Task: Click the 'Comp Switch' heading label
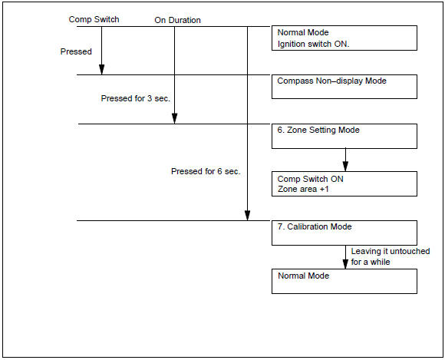(x=94, y=19)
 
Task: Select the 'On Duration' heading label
(x=177, y=20)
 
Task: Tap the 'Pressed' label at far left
(x=76, y=51)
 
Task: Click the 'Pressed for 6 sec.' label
(x=206, y=171)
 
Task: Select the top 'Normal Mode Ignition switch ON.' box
(x=344, y=38)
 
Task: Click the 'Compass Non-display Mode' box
(x=344, y=87)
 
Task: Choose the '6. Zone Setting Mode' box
(x=344, y=136)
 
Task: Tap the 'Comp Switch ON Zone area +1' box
(x=344, y=183)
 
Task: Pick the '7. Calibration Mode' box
(x=344, y=233)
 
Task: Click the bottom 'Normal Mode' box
(x=344, y=281)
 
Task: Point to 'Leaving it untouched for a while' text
(x=390, y=256)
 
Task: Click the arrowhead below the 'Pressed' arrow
(x=101, y=70)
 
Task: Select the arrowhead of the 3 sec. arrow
(x=174, y=118)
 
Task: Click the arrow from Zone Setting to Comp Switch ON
(x=345, y=160)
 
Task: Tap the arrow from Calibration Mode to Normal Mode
(x=345, y=257)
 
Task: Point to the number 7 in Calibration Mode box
(x=280, y=227)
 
